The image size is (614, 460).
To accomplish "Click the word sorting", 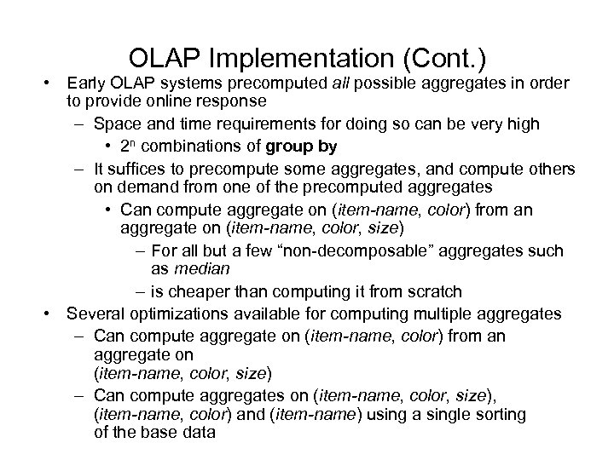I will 500,415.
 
